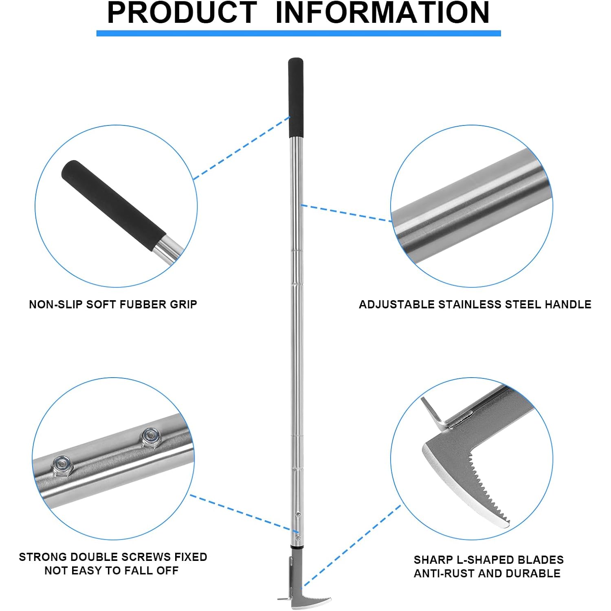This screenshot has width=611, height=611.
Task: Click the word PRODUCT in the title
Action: click(x=182, y=13)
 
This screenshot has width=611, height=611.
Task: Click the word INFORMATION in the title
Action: click(x=382, y=13)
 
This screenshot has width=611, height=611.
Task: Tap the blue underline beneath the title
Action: click(x=299, y=33)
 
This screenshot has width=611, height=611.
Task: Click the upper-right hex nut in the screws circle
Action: click(x=151, y=437)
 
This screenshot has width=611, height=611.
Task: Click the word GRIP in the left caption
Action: click(x=182, y=304)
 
